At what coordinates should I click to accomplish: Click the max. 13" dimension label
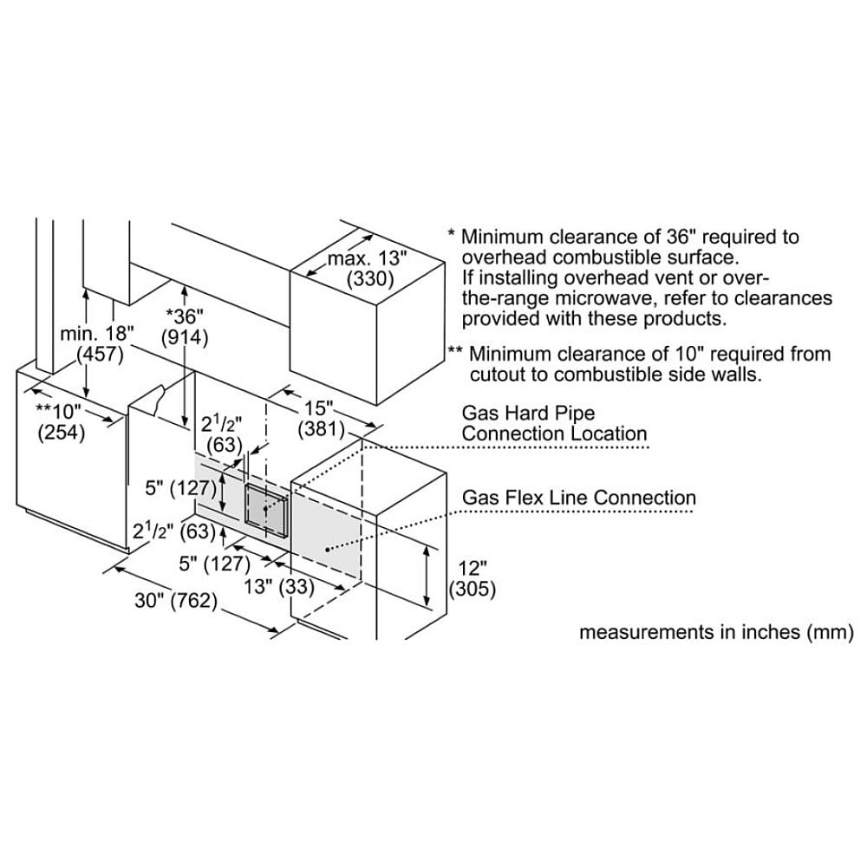pyautogui.click(x=367, y=258)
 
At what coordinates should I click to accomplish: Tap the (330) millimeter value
pyautogui.click(x=370, y=278)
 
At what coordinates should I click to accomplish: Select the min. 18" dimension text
pyautogui.click(x=97, y=334)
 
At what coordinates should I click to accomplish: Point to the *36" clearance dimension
pyautogui.click(x=185, y=316)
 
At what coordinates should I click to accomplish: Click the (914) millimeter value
pyautogui.click(x=185, y=337)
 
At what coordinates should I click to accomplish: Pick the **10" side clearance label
pyautogui.click(x=58, y=411)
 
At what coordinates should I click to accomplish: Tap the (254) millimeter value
pyautogui.click(x=62, y=432)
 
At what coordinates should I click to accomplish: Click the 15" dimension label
pyautogui.click(x=319, y=408)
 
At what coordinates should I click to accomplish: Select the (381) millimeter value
pyautogui.click(x=322, y=429)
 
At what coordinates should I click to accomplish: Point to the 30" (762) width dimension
pyautogui.click(x=176, y=600)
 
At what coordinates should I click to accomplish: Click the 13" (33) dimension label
pyautogui.click(x=279, y=587)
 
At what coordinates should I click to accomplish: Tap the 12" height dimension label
pyautogui.click(x=473, y=569)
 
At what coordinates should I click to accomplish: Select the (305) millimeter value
pyautogui.click(x=473, y=589)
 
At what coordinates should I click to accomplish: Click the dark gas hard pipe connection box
pyautogui.click(x=266, y=511)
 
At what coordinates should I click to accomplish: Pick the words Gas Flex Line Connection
pyautogui.click(x=579, y=498)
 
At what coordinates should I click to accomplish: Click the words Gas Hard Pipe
pyautogui.click(x=528, y=413)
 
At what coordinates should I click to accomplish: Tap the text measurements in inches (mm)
pyautogui.click(x=717, y=631)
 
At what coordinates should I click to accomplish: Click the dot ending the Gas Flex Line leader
pyautogui.click(x=328, y=550)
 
